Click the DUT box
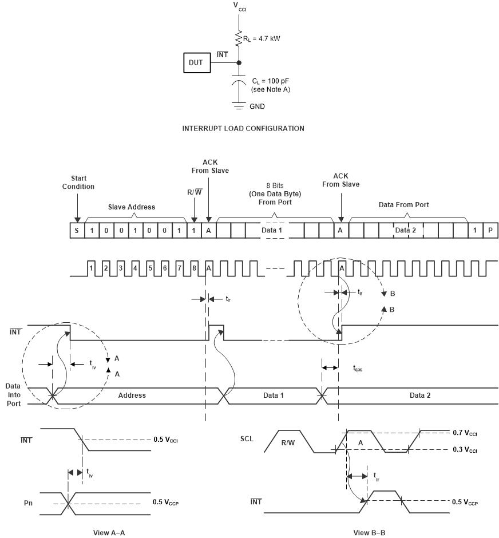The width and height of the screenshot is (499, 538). pos(196,63)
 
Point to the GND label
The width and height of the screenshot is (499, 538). pos(258,106)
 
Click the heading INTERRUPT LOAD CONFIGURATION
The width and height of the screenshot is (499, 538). pos(243,129)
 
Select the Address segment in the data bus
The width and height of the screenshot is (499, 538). pos(133,395)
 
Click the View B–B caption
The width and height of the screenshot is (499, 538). pos(369,532)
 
